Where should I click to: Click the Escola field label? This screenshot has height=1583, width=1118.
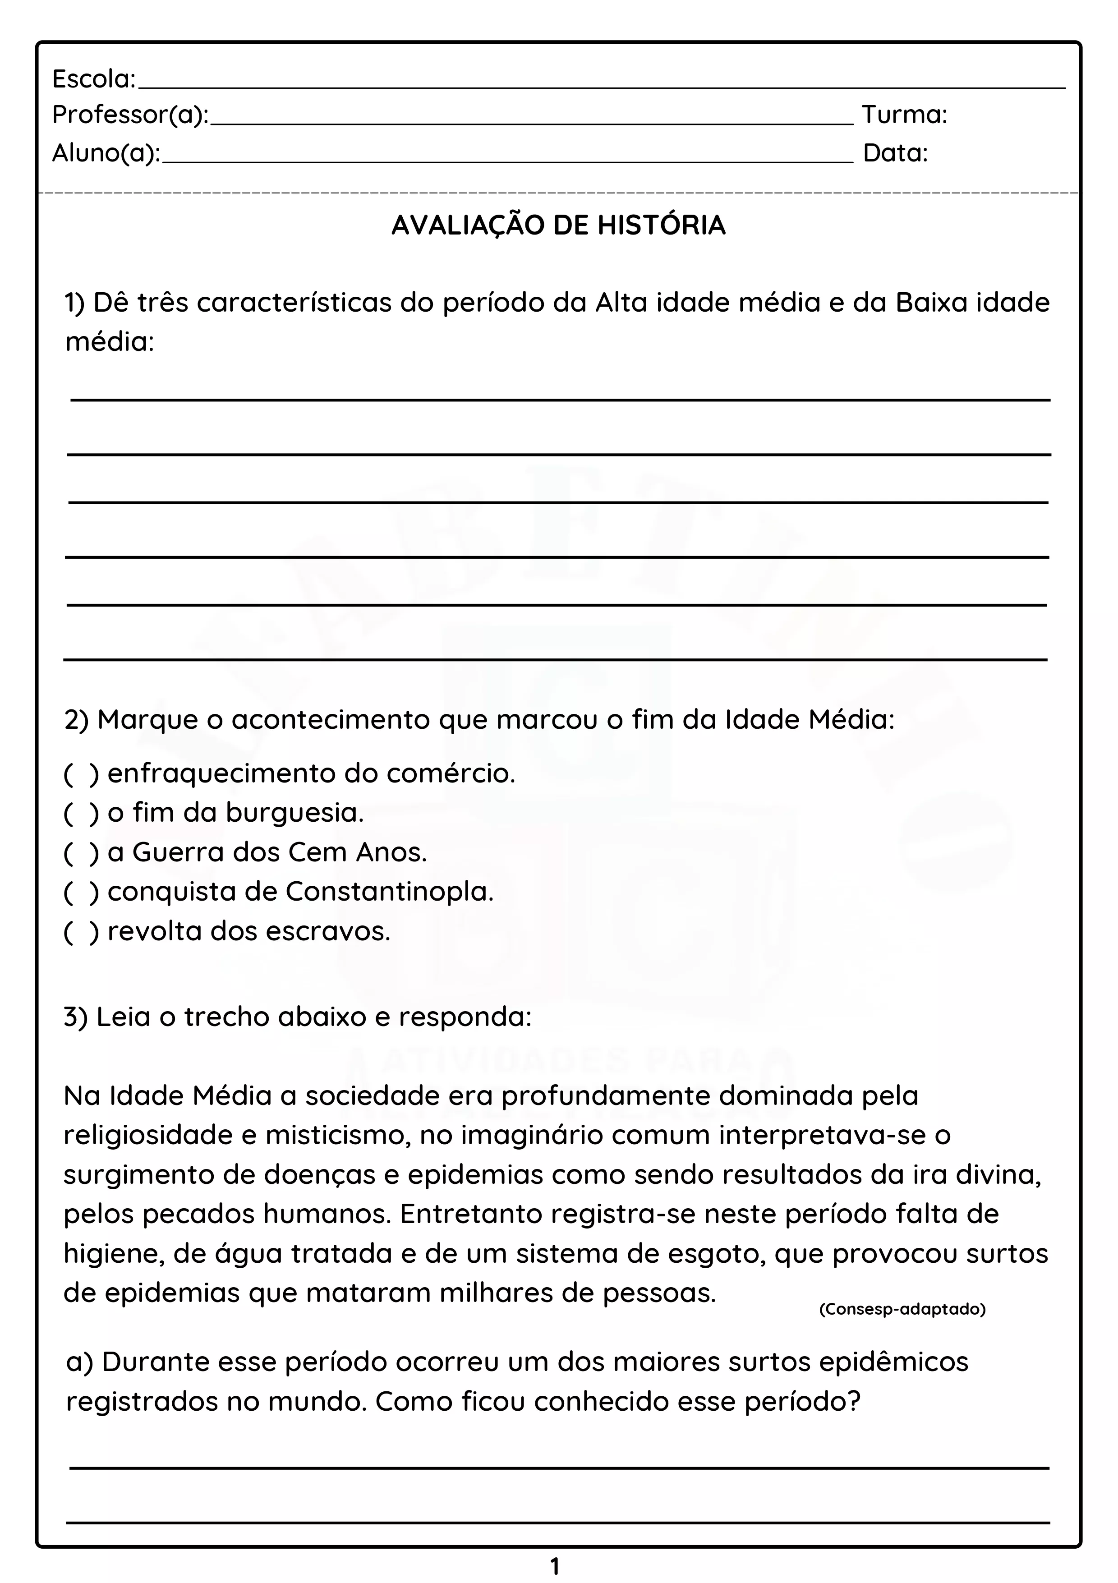pos(94,80)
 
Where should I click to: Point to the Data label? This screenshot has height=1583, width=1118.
pos(895,153)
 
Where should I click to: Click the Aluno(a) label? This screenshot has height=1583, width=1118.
pos(106,153)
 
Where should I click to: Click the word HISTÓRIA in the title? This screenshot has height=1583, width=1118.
pos(661,225)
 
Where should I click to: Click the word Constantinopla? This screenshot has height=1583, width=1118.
pos(390,892)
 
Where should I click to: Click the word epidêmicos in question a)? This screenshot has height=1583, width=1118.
pos(893,1362)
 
